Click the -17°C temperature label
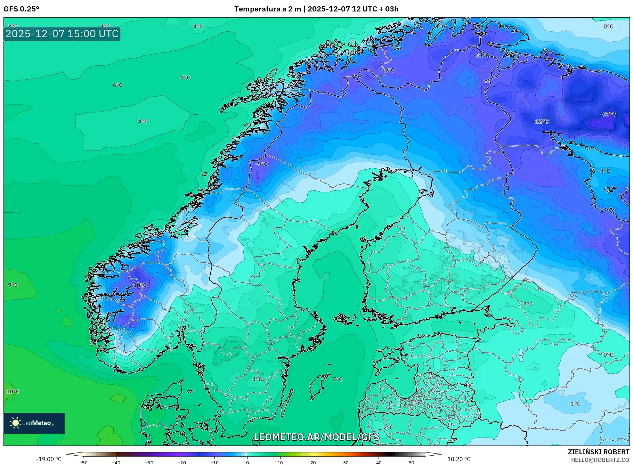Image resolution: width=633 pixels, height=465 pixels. point(608,114)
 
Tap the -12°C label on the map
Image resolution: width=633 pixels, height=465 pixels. point(541,121)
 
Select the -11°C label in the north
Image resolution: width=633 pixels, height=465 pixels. point(481,55)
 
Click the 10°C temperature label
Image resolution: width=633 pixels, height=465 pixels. point(13,392)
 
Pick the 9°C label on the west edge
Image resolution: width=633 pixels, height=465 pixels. point(13,285)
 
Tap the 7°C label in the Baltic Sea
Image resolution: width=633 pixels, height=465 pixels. point(338,379)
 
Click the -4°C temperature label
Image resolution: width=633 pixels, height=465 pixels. point(604,171)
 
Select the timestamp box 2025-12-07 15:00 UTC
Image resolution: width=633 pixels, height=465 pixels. point(62,34)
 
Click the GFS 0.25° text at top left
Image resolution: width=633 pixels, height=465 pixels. point(22,9)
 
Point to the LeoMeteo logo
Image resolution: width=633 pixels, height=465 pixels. point(34,423)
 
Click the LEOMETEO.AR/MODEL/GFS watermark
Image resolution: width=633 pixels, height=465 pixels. point(316,437)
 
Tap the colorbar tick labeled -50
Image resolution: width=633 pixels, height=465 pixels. point(83,462)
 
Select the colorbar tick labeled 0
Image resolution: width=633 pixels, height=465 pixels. point(247,462)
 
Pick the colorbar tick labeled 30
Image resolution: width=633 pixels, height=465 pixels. point(346,462)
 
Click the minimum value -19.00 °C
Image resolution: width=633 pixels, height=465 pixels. point(49,459)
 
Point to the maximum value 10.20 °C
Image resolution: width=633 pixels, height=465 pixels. point(459,459)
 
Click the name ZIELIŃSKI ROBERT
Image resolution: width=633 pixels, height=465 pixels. point(598,452)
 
